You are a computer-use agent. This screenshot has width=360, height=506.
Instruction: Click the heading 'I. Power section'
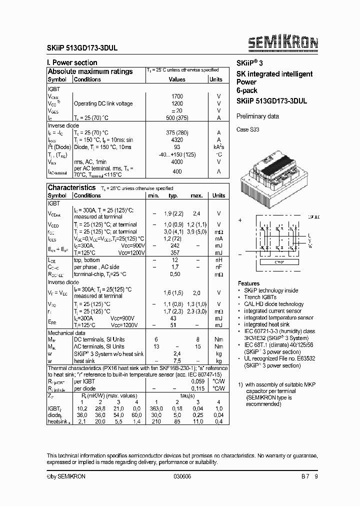(72, 62)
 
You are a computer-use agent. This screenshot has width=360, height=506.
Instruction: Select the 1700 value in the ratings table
(177, 96)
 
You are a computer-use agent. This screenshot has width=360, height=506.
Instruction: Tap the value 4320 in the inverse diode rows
(177, 140)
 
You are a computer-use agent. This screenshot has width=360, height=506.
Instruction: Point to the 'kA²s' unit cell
(218, 147)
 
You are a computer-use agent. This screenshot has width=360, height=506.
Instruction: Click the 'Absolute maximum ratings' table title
(90, 71)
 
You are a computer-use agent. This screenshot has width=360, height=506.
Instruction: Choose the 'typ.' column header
(173, 195)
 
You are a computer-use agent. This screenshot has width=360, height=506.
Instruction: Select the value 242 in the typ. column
(174, 246)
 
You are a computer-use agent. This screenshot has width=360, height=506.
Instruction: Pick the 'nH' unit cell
(218, 260)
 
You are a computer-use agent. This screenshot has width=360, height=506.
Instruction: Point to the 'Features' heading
(248, 283)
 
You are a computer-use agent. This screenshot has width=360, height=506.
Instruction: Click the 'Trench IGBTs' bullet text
(260, 297)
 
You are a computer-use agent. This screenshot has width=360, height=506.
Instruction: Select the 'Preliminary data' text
(257, 116)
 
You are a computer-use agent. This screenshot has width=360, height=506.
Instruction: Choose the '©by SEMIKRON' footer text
(66, 476)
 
